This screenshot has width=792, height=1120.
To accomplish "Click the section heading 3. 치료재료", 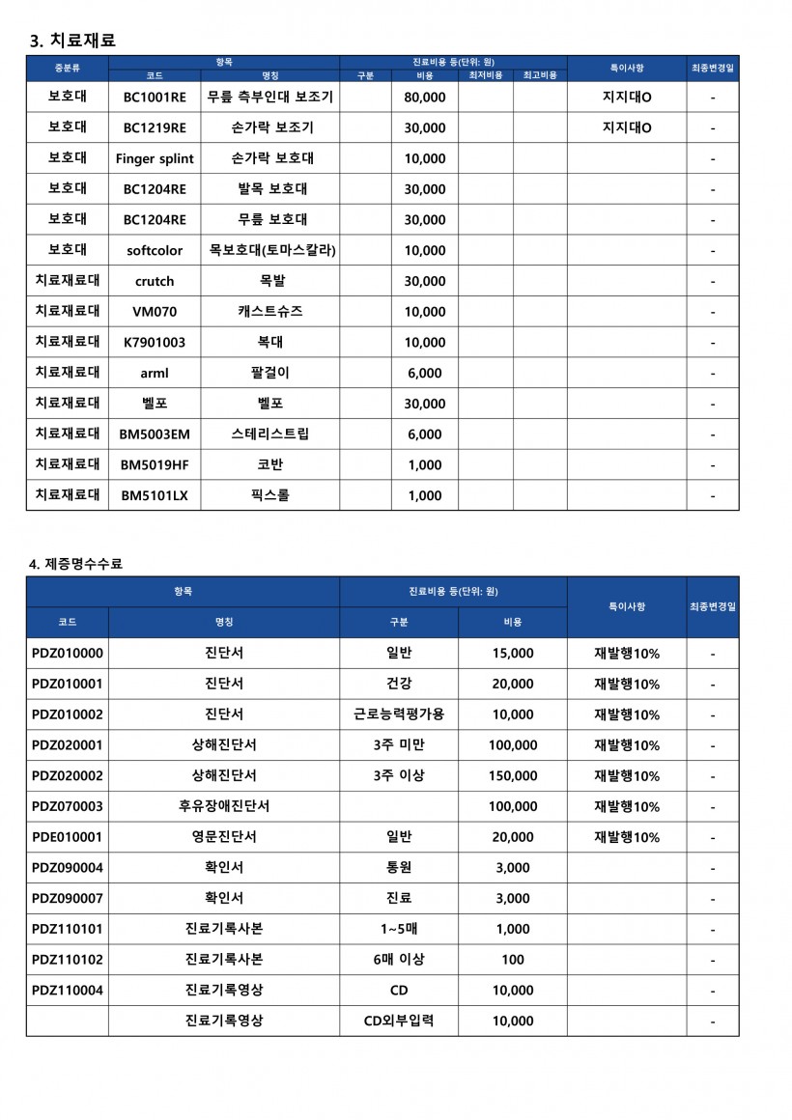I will click(73, 41).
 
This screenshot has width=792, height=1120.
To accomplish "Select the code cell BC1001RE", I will click(155, 98).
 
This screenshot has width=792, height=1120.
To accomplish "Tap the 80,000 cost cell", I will click(424, 98).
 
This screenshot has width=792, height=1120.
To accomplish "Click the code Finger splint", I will click(155, 158).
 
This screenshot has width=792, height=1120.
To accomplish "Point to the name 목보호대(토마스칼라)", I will click(272, 250).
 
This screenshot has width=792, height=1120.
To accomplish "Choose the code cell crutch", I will click(155, 281).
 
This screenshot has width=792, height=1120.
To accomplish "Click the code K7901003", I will click(155, 342).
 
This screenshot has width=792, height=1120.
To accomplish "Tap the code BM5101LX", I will click(155, 495).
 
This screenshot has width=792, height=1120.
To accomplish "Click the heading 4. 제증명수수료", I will click(75, 564).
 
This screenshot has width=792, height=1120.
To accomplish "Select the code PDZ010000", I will click(68, 654).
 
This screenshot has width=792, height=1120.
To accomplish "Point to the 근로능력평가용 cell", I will click(399, 714).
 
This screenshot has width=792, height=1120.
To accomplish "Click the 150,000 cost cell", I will click(513, 775).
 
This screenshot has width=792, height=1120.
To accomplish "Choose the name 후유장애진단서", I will click(224, 806).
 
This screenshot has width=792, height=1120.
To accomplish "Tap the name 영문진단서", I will click(224, 837).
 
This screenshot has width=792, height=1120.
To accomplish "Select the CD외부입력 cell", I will click(399, 1021).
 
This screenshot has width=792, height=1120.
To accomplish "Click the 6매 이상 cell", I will click(399, 960).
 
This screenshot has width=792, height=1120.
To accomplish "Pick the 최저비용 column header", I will click(486, 74).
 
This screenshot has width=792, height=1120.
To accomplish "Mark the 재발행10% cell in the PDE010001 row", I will click(627, 837).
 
